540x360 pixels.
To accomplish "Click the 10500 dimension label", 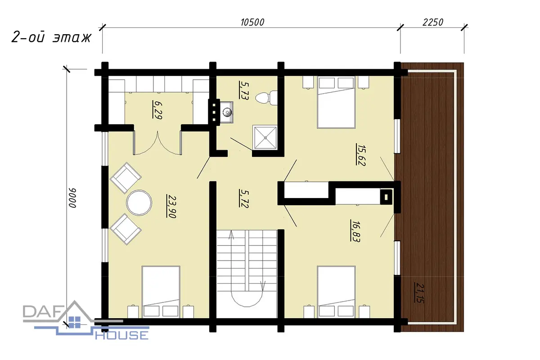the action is [252, 22].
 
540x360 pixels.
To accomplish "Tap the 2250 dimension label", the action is [433, 22].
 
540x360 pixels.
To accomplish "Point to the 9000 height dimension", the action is [72, 198].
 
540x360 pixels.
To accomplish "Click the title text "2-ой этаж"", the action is [51, 37].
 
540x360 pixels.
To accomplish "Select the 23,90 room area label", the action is [171, 207].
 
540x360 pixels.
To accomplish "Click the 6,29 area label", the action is [157, 110].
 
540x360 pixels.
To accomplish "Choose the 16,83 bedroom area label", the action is [355, 231].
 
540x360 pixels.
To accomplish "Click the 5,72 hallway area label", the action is [244, 198].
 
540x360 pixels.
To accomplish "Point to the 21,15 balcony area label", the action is [419, 292].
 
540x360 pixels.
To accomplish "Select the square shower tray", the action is [265, 137].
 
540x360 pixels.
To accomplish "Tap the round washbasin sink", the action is [227, 112].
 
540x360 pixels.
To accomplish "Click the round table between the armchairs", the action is [139, 202].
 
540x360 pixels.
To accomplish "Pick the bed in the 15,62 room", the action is [336, 102].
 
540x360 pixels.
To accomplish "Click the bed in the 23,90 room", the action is [161, 292].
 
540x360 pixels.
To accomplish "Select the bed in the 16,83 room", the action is [336, 292].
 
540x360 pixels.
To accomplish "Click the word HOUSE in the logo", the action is [122, 335].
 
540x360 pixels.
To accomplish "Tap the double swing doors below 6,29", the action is [157, 143].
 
